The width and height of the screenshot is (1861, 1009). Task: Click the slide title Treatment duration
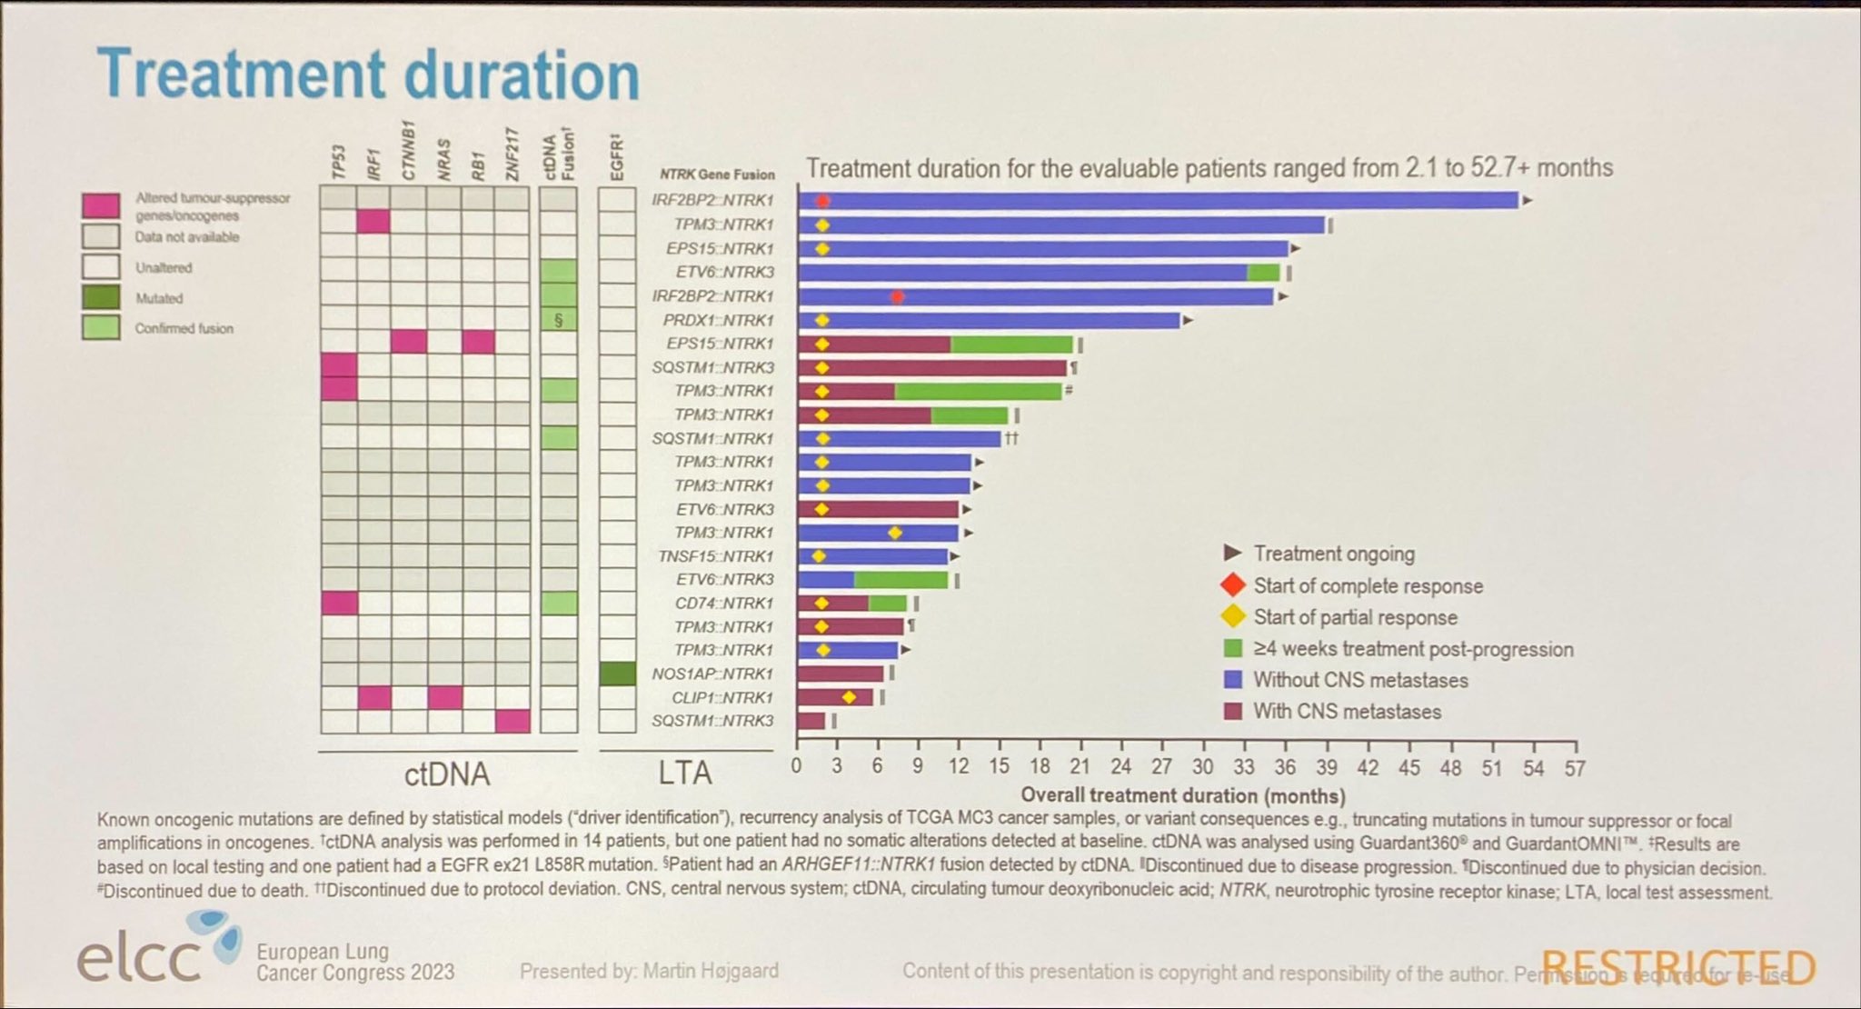tap(368, 75)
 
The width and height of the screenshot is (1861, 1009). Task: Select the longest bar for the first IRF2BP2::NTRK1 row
tap(1159, 201)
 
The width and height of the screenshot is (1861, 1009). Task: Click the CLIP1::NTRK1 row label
tap(722, 698)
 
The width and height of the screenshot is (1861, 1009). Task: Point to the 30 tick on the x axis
tap(1202, 768)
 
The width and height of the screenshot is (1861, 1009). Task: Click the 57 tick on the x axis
tap(1574, 768)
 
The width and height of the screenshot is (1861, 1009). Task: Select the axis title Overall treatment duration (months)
tap(1183, 796)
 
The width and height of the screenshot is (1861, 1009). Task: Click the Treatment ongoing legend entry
tap(1334, 554)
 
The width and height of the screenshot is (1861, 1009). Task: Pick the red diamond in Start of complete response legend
tap(1233, 585)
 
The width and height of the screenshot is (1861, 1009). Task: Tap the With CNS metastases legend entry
tap(1347, 712)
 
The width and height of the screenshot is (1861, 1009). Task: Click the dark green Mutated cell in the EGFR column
tap(617, 674)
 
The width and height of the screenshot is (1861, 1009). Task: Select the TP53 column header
tap(338, 165)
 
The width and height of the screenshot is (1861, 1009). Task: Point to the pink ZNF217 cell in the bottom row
tap(513, 722)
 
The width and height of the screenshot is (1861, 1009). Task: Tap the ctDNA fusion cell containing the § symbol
tap(559, 320)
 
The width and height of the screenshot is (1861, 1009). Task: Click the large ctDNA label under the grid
tap(447, 774)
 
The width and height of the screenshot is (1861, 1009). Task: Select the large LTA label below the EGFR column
tap(684, 774)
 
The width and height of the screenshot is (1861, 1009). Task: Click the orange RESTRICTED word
tap(1677, 967)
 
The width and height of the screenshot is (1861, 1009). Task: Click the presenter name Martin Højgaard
tap(711, 972)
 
